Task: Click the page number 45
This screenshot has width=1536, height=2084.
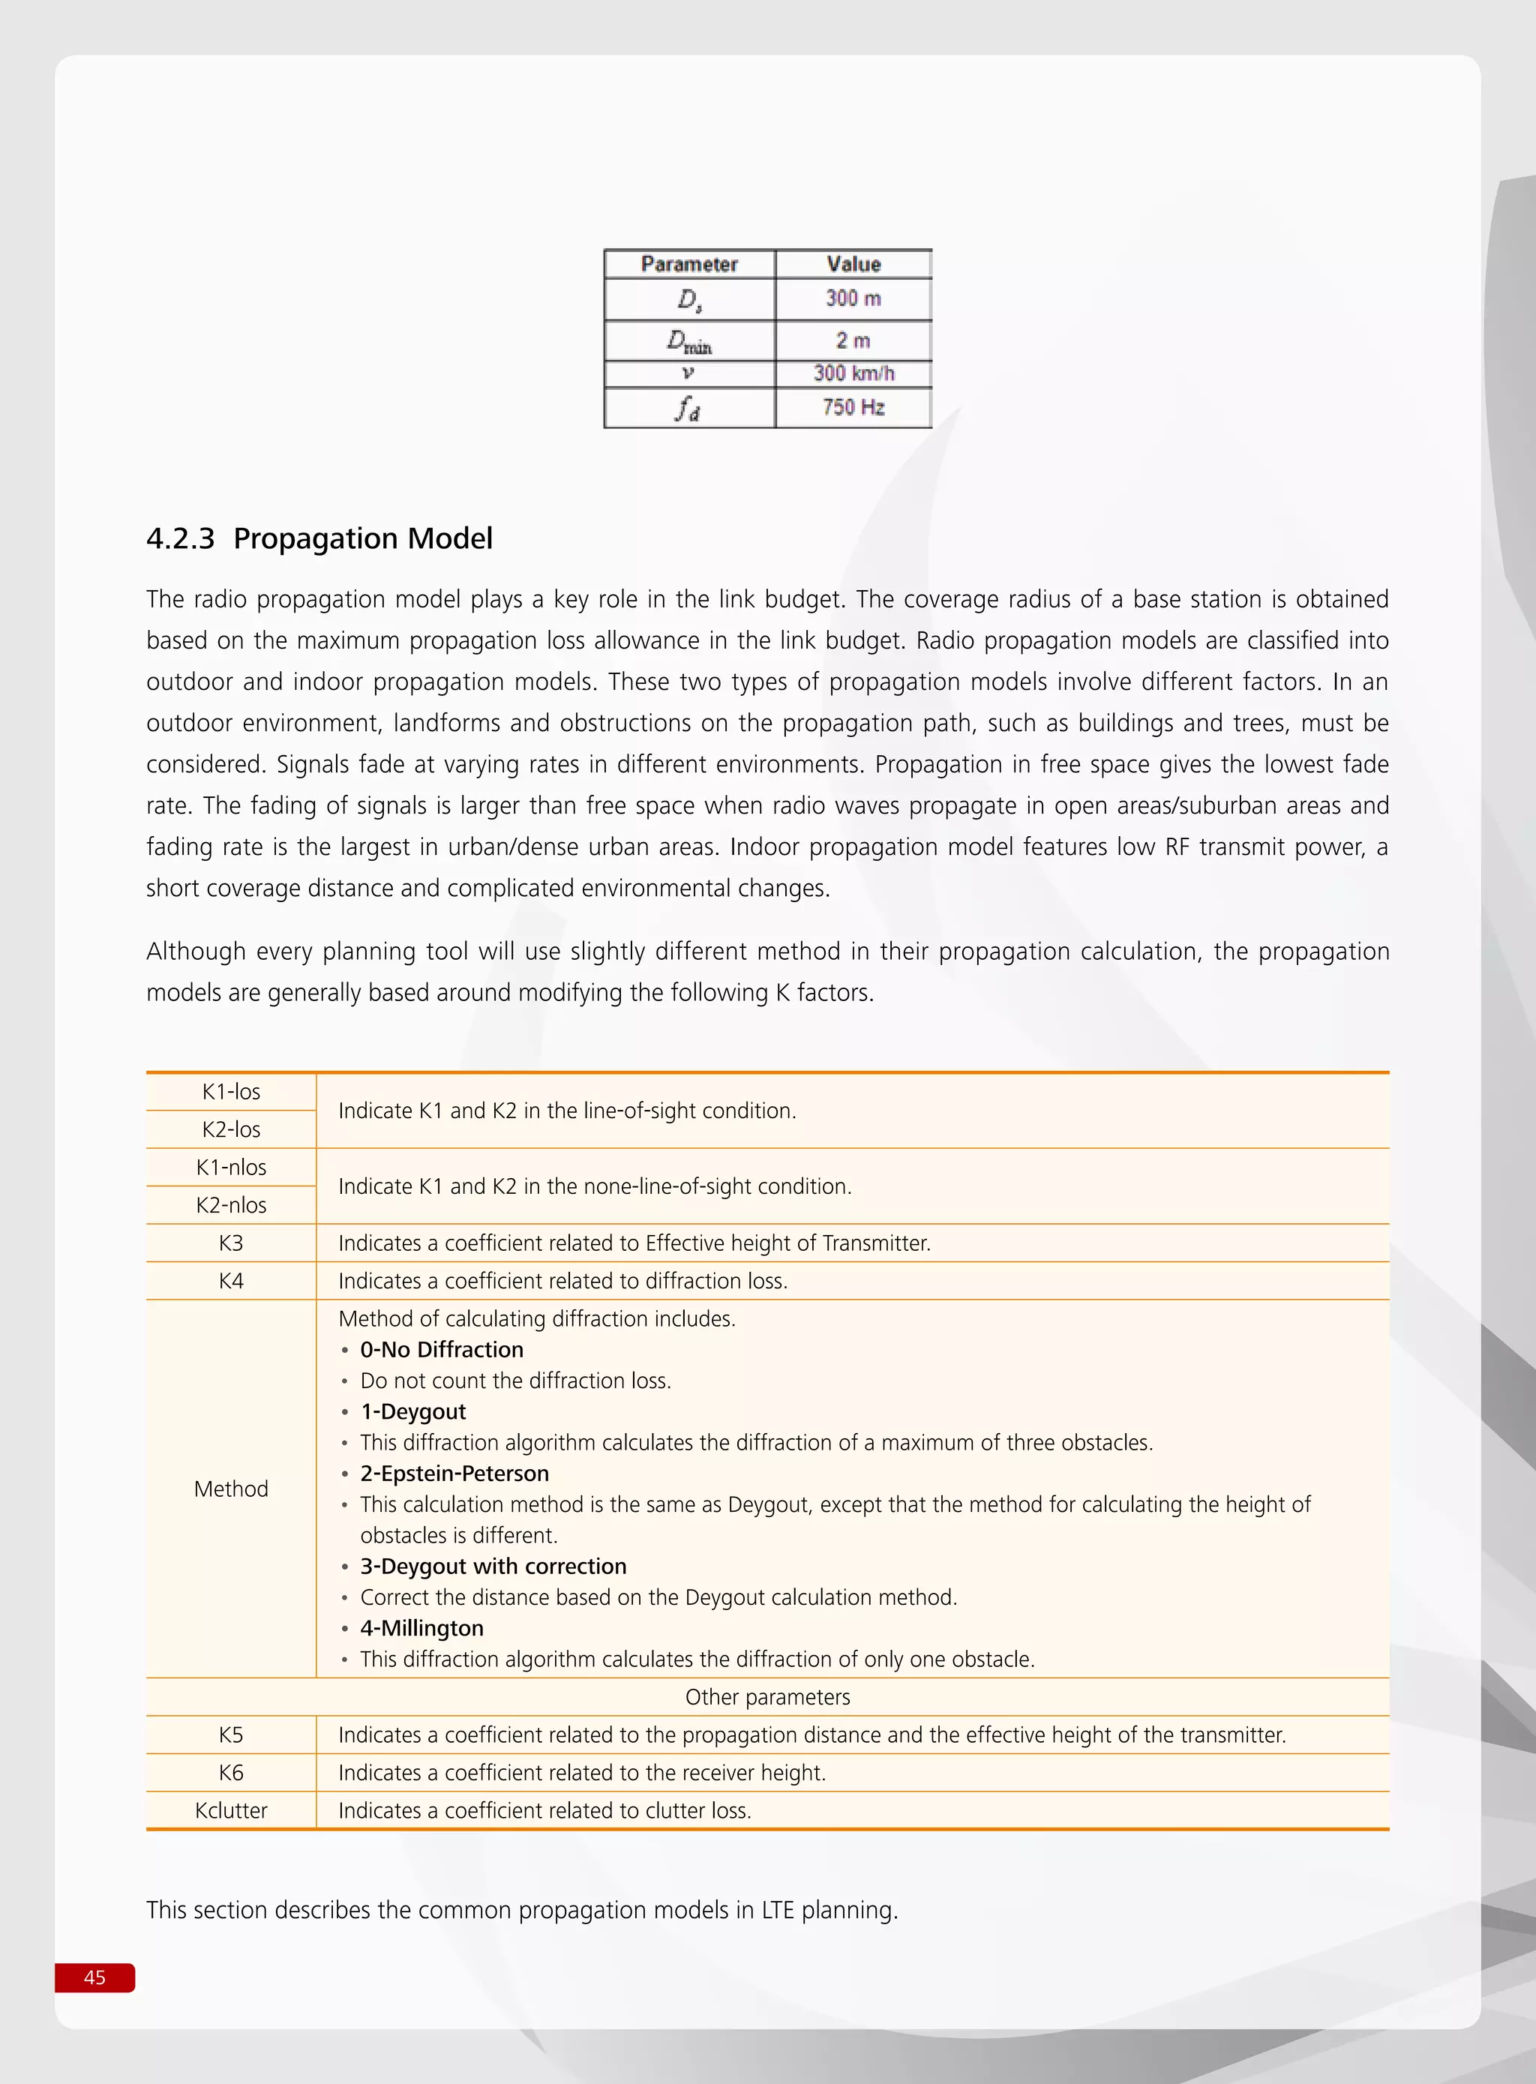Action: click(94, 1977)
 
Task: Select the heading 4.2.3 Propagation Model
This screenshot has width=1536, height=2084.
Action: click(319, 538)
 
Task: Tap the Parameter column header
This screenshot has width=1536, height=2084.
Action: click(689, 264)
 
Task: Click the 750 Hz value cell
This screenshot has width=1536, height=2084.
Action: click(853, 407)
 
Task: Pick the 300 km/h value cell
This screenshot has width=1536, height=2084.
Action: click(853, 373)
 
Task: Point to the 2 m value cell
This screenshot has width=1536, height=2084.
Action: click(853, 340)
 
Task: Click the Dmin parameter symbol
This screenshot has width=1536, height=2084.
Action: click(689, 341)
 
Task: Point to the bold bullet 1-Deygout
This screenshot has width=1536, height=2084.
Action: click(412, 1411)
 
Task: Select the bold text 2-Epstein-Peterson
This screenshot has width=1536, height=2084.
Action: click(454, 1474)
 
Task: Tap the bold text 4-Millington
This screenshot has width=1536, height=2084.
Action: click(421, 1627)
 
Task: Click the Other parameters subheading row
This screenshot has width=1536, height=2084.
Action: click(767, 1696)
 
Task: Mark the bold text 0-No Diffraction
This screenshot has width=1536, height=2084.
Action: click(441, 1350)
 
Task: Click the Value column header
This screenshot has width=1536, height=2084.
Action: click(853, 264)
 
